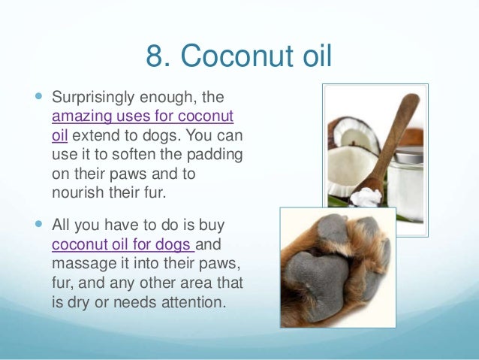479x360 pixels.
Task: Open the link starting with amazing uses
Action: click(142, 116)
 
